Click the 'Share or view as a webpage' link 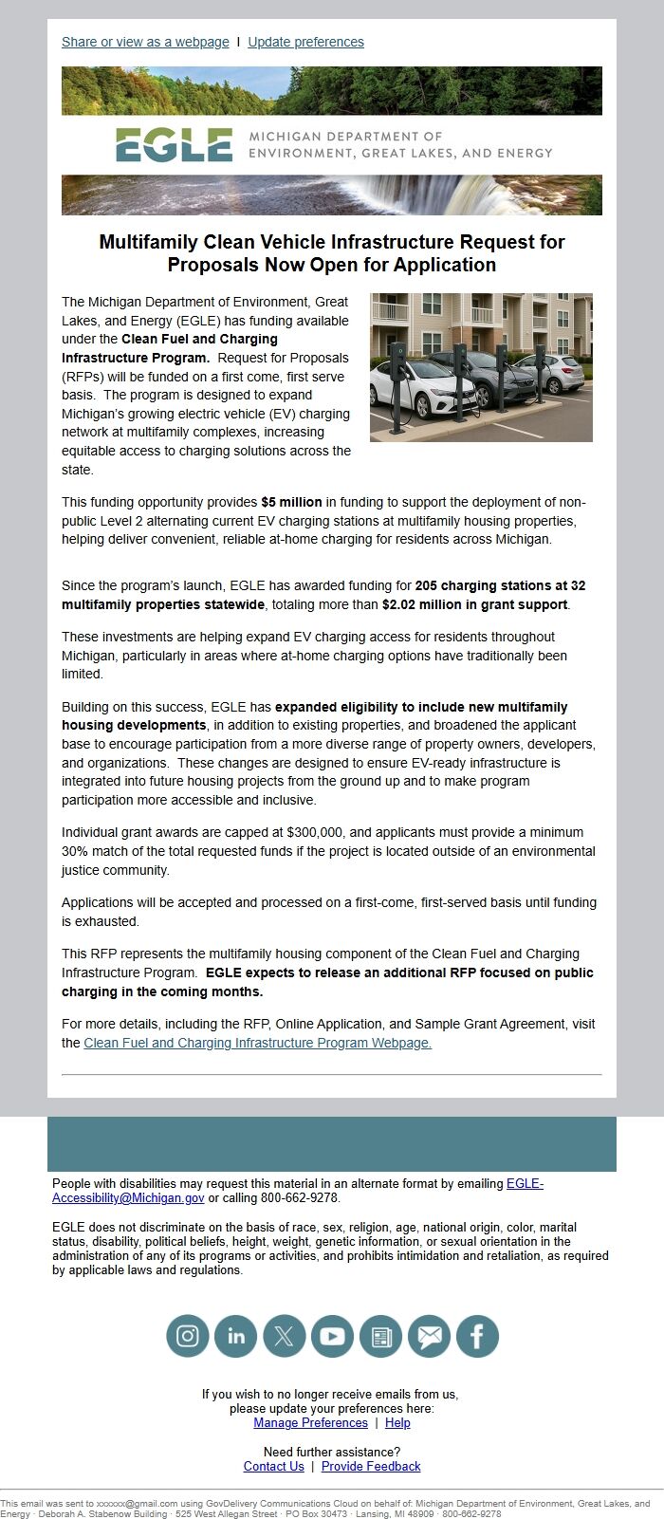145,43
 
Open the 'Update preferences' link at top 305,43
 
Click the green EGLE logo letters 174,145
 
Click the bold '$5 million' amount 291,502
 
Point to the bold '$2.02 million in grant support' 474,604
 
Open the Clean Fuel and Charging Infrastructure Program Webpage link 257,1043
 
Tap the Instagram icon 188,1336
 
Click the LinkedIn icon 236,1336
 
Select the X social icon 285,1336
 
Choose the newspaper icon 380,1336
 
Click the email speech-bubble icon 429,1336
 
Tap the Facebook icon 477,1336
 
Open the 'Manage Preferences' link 310,1423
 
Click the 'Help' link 397,1423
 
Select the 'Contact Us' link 273,1467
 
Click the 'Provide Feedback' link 371,1467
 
